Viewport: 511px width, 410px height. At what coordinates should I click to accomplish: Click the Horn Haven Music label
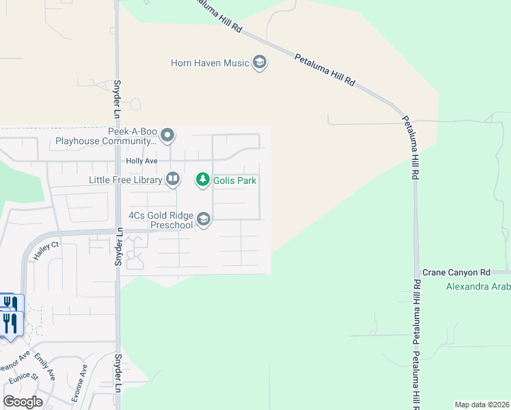pyautogui.click(x=210, y=64)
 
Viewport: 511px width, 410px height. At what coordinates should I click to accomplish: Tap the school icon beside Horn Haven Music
pyautogui.click(x=259, y=64)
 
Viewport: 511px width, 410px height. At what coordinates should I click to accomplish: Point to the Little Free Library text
pyautogui.click(x=125, y=180)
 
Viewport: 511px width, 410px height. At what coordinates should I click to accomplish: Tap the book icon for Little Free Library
pyautogui.click(x=173, y=180)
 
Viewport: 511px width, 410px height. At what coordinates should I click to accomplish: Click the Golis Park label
pyautogui.click(x=235, y=180)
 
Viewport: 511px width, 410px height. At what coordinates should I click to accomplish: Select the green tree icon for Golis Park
pyautogui.click(x=203, y=180)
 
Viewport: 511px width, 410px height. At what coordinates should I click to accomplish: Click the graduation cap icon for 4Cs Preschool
pyautogui.click(x=203, y=219)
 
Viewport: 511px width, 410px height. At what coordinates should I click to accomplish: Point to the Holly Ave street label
pyautogui.click(x=141, y=161)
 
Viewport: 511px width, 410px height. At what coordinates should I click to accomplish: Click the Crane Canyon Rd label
pyautogui.click(x=456, y=272)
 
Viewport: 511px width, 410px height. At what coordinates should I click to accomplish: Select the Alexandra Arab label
pyautogui.click(x=478, y=286)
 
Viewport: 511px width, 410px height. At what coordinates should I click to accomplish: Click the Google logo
pyautogui.click(x=23, y=402)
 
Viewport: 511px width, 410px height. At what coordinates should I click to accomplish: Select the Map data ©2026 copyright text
pyautogui.click(x=482, y=405)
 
